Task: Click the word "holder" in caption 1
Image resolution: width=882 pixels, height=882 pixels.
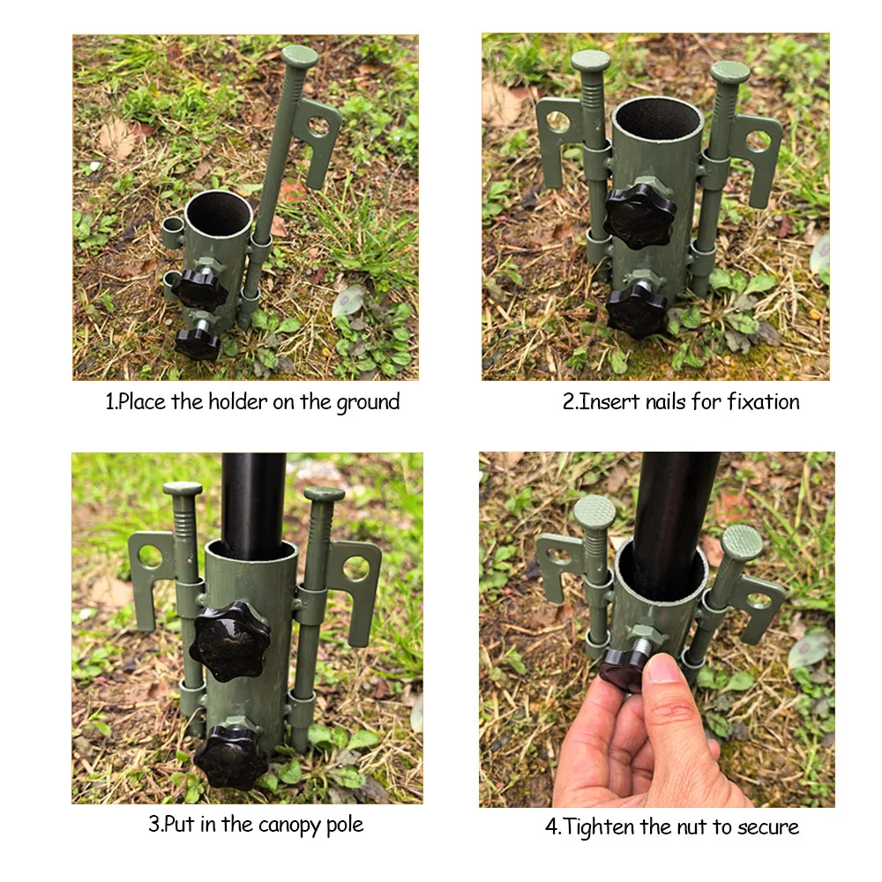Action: click(239, 402)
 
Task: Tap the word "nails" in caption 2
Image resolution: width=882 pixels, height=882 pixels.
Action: click(656, 402)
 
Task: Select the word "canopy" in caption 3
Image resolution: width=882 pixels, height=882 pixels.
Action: click(295, 826)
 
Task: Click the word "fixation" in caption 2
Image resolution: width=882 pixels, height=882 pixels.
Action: click(763, 402)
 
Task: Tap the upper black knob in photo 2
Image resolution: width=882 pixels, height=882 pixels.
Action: click(640, 214)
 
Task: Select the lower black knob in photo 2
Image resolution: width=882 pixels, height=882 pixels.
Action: click(637, 309)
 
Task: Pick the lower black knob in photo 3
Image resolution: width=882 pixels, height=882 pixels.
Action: click(230, 756)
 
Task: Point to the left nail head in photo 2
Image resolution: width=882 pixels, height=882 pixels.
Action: click(590, 61)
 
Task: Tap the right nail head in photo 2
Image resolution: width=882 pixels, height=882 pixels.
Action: click(730, 71)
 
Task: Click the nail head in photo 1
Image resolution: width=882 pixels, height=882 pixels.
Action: click(300, 56)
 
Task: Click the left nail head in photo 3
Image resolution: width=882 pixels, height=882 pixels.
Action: click(183, 489)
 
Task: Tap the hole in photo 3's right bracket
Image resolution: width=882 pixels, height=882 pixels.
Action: click(355, 569)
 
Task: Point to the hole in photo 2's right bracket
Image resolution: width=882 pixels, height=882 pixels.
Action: click(758, 141)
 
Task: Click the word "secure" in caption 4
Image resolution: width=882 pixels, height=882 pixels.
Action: click(766, 827)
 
